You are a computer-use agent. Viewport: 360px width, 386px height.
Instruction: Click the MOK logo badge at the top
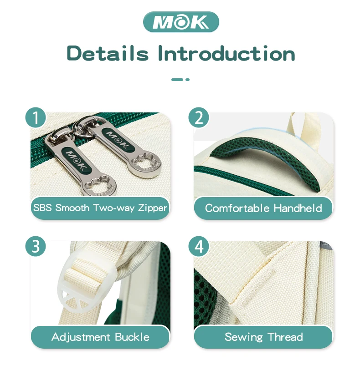coord(181,22)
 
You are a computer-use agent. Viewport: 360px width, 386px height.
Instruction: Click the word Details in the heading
coord(108,53)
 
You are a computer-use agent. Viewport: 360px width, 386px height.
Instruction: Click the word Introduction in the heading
coord(226,53)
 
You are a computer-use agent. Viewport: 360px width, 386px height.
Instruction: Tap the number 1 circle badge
coord(36,117)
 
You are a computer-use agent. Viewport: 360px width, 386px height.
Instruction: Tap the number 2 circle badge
coord(199,117)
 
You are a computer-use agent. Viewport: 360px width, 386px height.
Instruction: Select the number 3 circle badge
coord(36,246)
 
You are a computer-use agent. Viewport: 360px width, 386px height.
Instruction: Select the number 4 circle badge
coord(199,246)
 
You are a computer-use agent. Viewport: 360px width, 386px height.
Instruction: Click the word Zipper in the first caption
coord(153,208)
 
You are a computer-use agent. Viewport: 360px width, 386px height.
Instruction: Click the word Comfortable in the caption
coord(237,208)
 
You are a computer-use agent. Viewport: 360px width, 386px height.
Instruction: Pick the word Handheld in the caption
coord(298,208)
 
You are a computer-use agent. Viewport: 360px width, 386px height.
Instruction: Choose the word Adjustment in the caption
coord(81,337)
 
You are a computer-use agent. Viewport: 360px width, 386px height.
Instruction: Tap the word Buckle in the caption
coord(132,337)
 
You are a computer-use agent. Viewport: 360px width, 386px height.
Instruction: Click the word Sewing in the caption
coord(244,337)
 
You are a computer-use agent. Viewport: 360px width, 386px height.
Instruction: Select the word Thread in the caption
coord(285,337)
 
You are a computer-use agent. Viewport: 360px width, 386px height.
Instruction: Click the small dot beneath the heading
coord(187,80)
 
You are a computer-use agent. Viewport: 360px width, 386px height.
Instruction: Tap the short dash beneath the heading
coord(177,80)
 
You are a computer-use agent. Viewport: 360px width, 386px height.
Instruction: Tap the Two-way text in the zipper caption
coord(113,208)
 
